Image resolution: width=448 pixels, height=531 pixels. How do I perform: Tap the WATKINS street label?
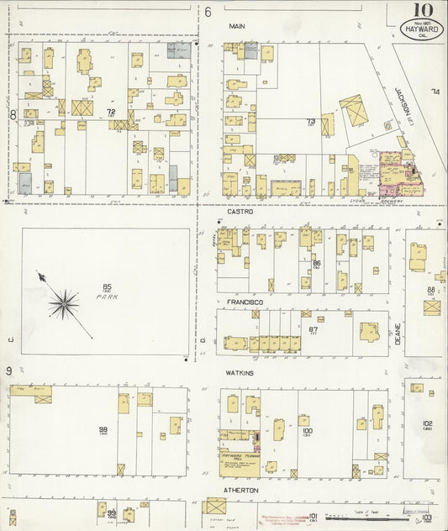pyautogui.click(x=241, y=372)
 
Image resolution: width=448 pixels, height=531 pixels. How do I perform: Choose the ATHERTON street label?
pyautogui.click(x=242, y=489)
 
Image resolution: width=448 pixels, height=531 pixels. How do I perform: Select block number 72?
pyautogui.click(x=110, y=111)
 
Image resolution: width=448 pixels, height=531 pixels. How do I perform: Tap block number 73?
pyautogui.click(x=310, y=121)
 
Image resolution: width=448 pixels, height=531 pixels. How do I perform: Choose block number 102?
pyautogui.click(x=427, y=423)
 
